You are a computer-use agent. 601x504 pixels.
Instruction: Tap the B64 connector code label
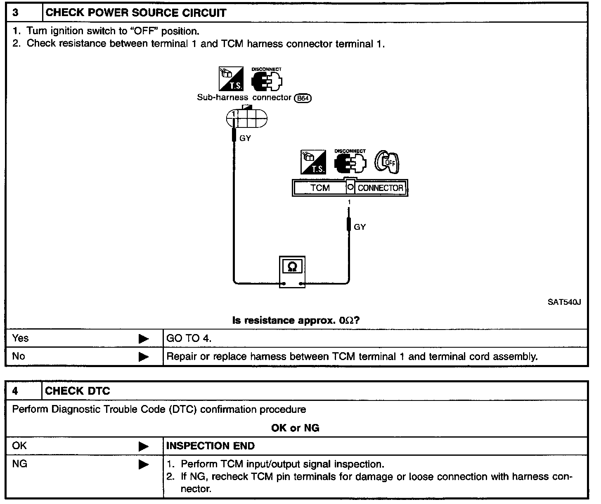click(x=303, y=98)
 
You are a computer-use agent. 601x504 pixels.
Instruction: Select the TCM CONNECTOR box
click(x=350, y=188)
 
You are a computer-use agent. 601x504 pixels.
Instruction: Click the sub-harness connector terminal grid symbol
click(x=246, y=119)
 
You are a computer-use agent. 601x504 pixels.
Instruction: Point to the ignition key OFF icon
click(x=387, y=162)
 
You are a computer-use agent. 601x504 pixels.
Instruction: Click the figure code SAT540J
click(x=564, y=302)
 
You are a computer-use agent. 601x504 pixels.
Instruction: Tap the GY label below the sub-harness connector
click(x=245, y=139)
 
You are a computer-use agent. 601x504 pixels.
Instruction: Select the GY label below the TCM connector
click(x=360, y=227)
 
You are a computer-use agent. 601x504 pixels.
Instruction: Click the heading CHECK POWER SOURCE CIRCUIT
click(x=136, y=13)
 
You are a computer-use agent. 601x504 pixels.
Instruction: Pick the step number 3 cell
click(x=24, y=13)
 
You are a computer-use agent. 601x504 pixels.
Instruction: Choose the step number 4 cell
click(x=24, y=391)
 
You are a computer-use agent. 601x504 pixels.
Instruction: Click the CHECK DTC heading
click(x=78, y=391)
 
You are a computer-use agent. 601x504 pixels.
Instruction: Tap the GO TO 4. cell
click(x=189, y=339)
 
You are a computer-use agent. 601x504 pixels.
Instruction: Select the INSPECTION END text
click(x=211, y=446)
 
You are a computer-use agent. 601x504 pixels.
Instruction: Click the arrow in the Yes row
click(x=144, y=339)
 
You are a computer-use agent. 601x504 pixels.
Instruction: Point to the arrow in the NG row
click(x=144, y=465)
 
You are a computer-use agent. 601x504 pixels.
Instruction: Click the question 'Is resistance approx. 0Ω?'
click(x=296, y=320)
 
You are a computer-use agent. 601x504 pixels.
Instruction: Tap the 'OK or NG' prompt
click(x=295, y=428)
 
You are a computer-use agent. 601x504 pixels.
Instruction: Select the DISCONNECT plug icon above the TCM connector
click(x=350, y=162)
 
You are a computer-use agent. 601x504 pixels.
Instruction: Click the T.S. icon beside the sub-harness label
click(x=231, y=79)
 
